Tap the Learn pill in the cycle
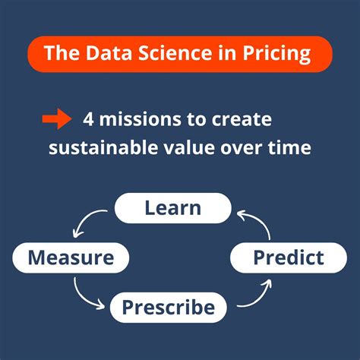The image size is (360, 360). tap(172, 207)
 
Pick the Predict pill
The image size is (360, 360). tap(288, 257)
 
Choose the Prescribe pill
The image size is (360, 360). tap(169, 308)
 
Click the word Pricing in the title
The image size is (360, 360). tap(282, 54)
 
